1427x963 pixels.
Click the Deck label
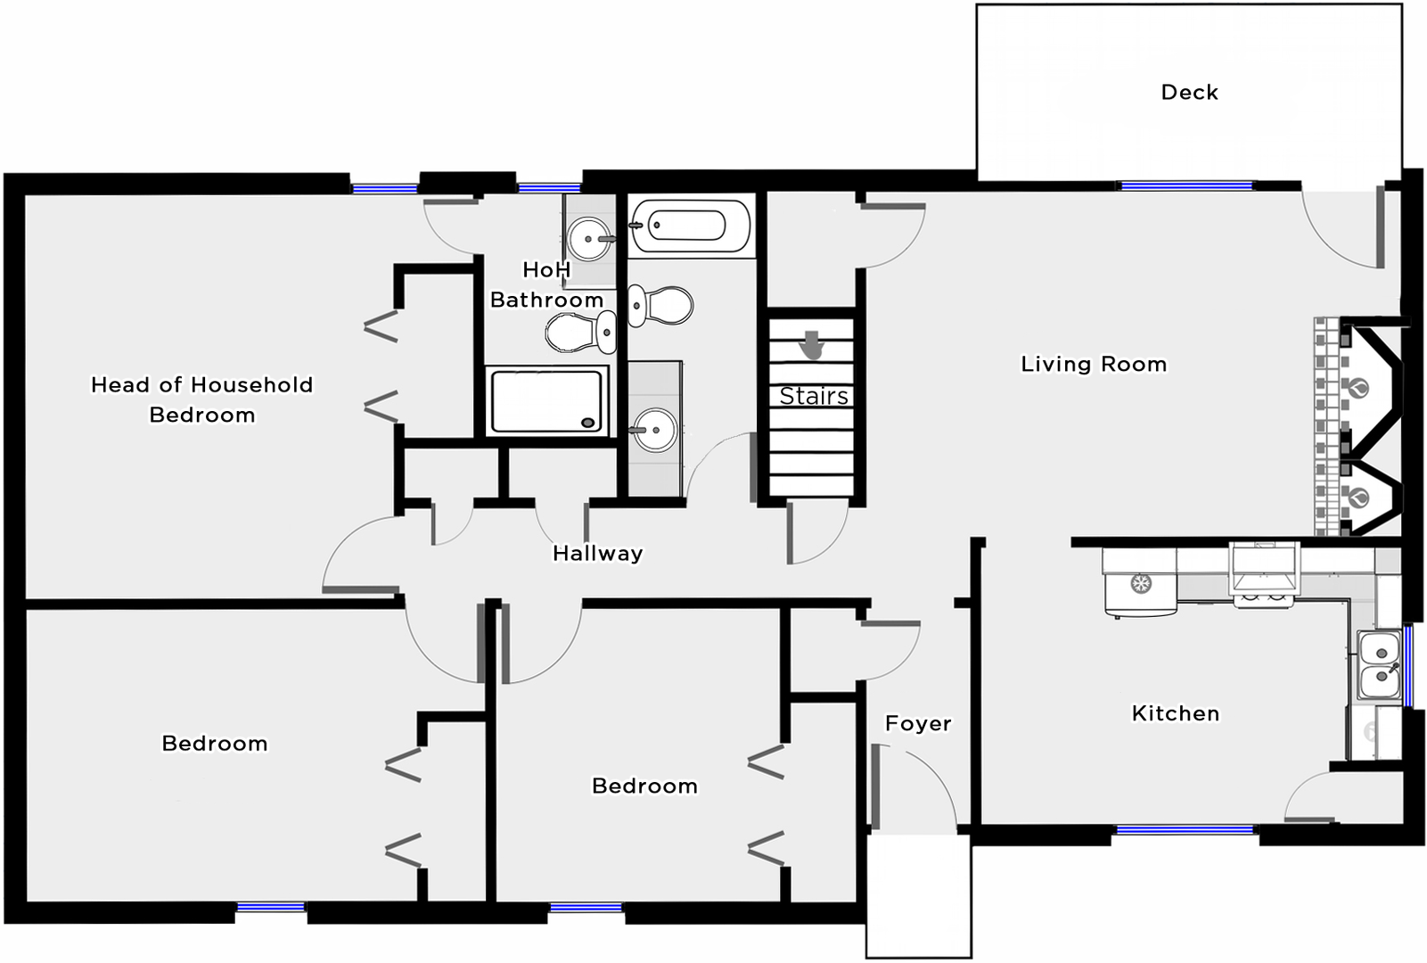click(1189, 93)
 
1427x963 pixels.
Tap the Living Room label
click(1094, 364)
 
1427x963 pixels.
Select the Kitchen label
click(1176, 713)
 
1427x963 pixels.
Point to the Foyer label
click(918, 723)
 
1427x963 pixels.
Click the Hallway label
click(597, 553)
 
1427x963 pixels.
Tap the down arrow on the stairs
click(812, 345)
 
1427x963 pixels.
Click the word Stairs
click(814, 397)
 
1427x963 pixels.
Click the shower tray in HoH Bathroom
click(546, 401)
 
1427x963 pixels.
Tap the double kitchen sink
click(1380, 664)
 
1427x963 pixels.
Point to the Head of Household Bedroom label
click(202, 399)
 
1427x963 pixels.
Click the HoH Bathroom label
click(546, 284)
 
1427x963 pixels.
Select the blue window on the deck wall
click(1186, 186)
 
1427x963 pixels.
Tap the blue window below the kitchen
click(1185, 830)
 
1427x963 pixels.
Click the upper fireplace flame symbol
click(1358, 388)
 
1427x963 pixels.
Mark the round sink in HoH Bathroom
click(588, 239)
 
